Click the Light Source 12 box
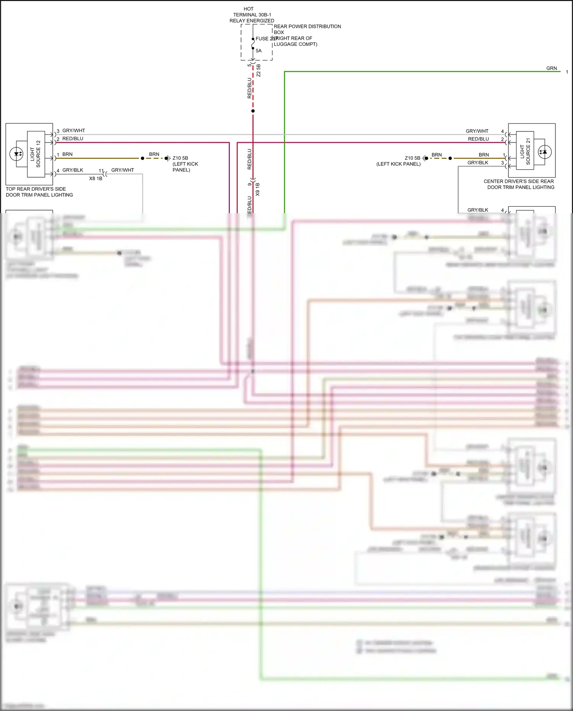(36, 154)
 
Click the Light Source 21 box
(525, 150)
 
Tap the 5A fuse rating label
(259, 51)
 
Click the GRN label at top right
(551, 68)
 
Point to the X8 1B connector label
(95, 178)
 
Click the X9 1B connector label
(258, 189)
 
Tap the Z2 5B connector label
(259, 70)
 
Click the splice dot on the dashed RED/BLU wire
(253, 111)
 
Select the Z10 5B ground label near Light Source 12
(180, 158)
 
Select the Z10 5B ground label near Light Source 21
(412, 158)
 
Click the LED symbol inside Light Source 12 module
(17, 154)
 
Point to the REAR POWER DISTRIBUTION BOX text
(307, 29)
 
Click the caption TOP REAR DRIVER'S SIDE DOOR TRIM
(39, 192)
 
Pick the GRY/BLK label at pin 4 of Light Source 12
(73, 170)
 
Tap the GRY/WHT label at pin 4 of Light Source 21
(477, 131)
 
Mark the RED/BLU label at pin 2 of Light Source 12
(73, 139)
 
